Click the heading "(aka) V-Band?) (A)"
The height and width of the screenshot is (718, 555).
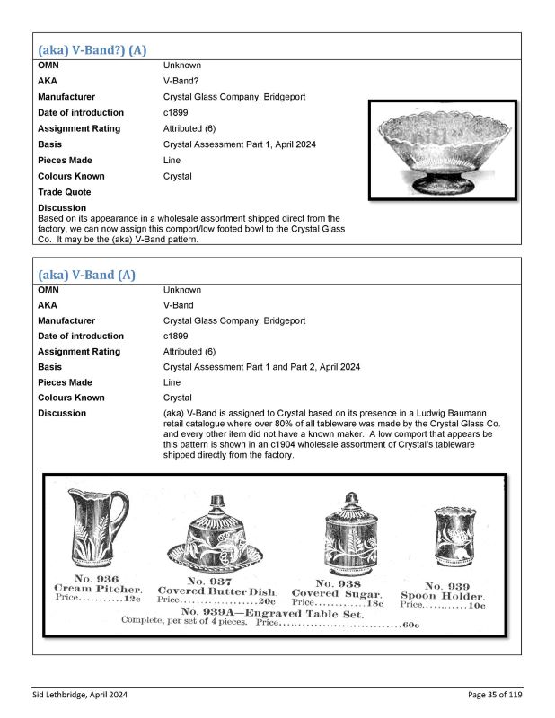click(x=92, y=50)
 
